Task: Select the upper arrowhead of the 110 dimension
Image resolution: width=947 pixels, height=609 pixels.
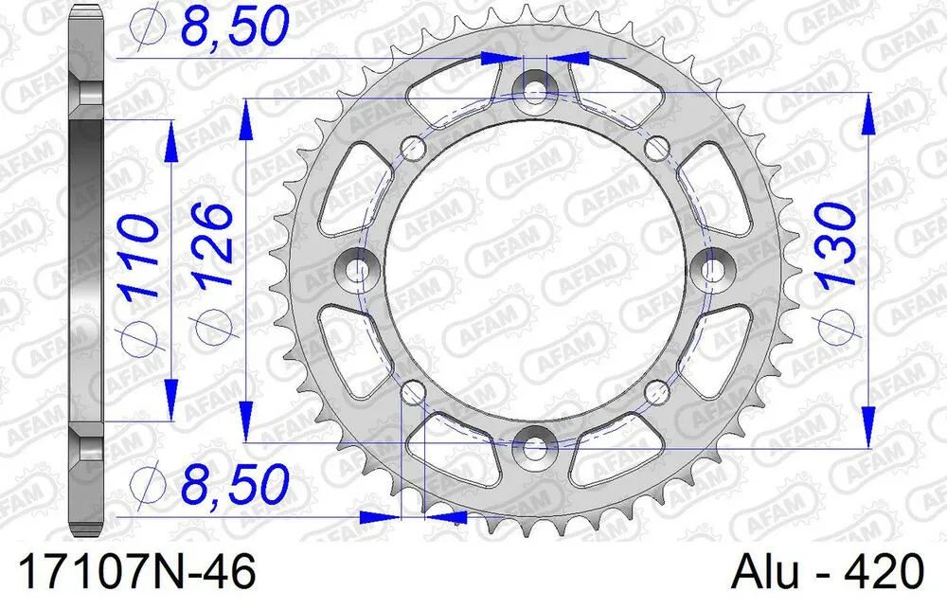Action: [x=171, y=138]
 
